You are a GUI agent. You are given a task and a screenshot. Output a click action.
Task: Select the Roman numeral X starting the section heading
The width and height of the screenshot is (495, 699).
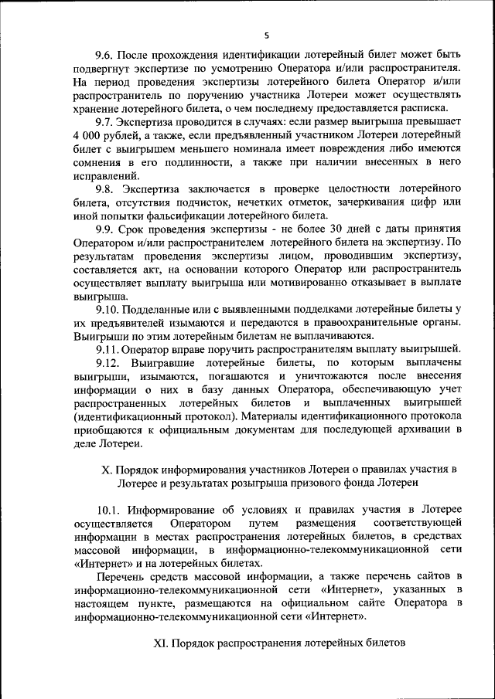(x=107, y=468)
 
